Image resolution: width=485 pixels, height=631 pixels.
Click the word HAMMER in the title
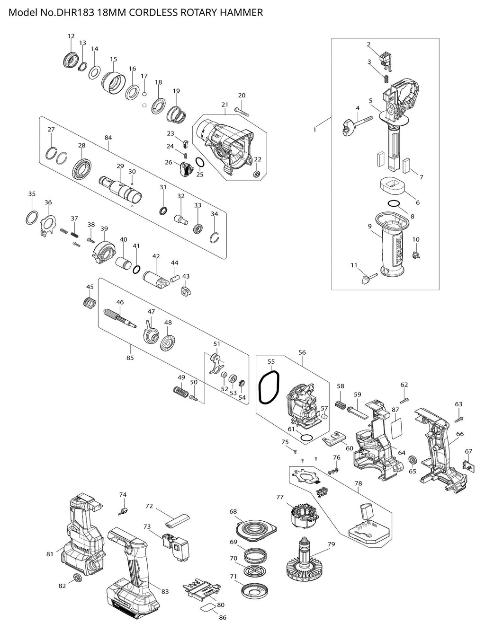click(x=241, y=13)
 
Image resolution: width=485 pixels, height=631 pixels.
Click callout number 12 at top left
click(x=71, y=36)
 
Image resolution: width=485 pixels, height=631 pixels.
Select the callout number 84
click(x=108, y=138)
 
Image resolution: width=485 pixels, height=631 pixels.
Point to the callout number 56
click(x=302, y=352)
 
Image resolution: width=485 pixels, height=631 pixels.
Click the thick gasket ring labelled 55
click(x=269, y=387)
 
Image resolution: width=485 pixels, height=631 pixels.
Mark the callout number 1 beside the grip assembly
click(x=314, y=129)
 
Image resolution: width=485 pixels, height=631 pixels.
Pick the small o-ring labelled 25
click(x=200, y=163)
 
